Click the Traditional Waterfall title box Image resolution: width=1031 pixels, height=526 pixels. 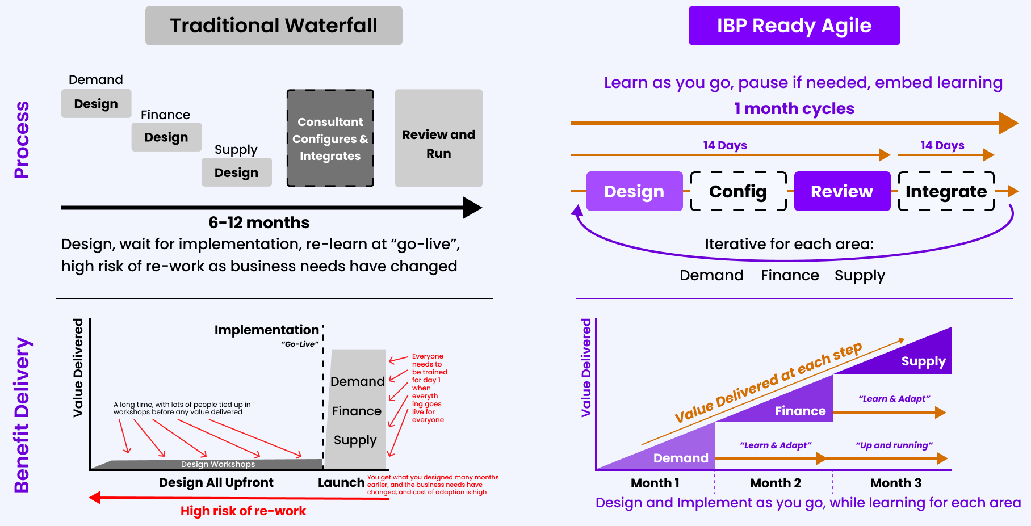click(274, 26)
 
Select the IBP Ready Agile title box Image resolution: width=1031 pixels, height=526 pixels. click(794, 26)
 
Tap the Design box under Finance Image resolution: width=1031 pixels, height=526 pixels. click(166, 137)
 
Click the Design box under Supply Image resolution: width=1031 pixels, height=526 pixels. click(236, 172)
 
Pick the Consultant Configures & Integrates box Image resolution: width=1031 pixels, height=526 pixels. click(330, 138)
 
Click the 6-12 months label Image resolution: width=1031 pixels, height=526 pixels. click(259, 222)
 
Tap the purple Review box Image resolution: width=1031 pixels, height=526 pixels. click(841, 191)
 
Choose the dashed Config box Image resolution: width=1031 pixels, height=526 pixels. click(738, 191)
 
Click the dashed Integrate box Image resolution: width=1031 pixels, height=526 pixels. click(946, 191)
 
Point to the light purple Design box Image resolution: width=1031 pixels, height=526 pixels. click(634, 191)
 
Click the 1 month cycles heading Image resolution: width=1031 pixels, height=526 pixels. click(794, 108)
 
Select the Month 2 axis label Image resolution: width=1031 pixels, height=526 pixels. click(775, 483)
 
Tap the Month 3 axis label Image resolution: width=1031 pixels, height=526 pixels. click(895, 483)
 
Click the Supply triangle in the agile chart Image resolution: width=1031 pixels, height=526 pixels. click(923, 361)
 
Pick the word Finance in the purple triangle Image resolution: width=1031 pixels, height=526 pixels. click(800, 411)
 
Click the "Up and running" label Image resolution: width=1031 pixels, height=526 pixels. click(894, 445)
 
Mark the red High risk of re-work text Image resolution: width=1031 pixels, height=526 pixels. click(243, 511)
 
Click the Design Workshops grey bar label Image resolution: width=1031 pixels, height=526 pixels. click(218, 464)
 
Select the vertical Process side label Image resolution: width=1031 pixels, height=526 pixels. click(22, 140)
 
